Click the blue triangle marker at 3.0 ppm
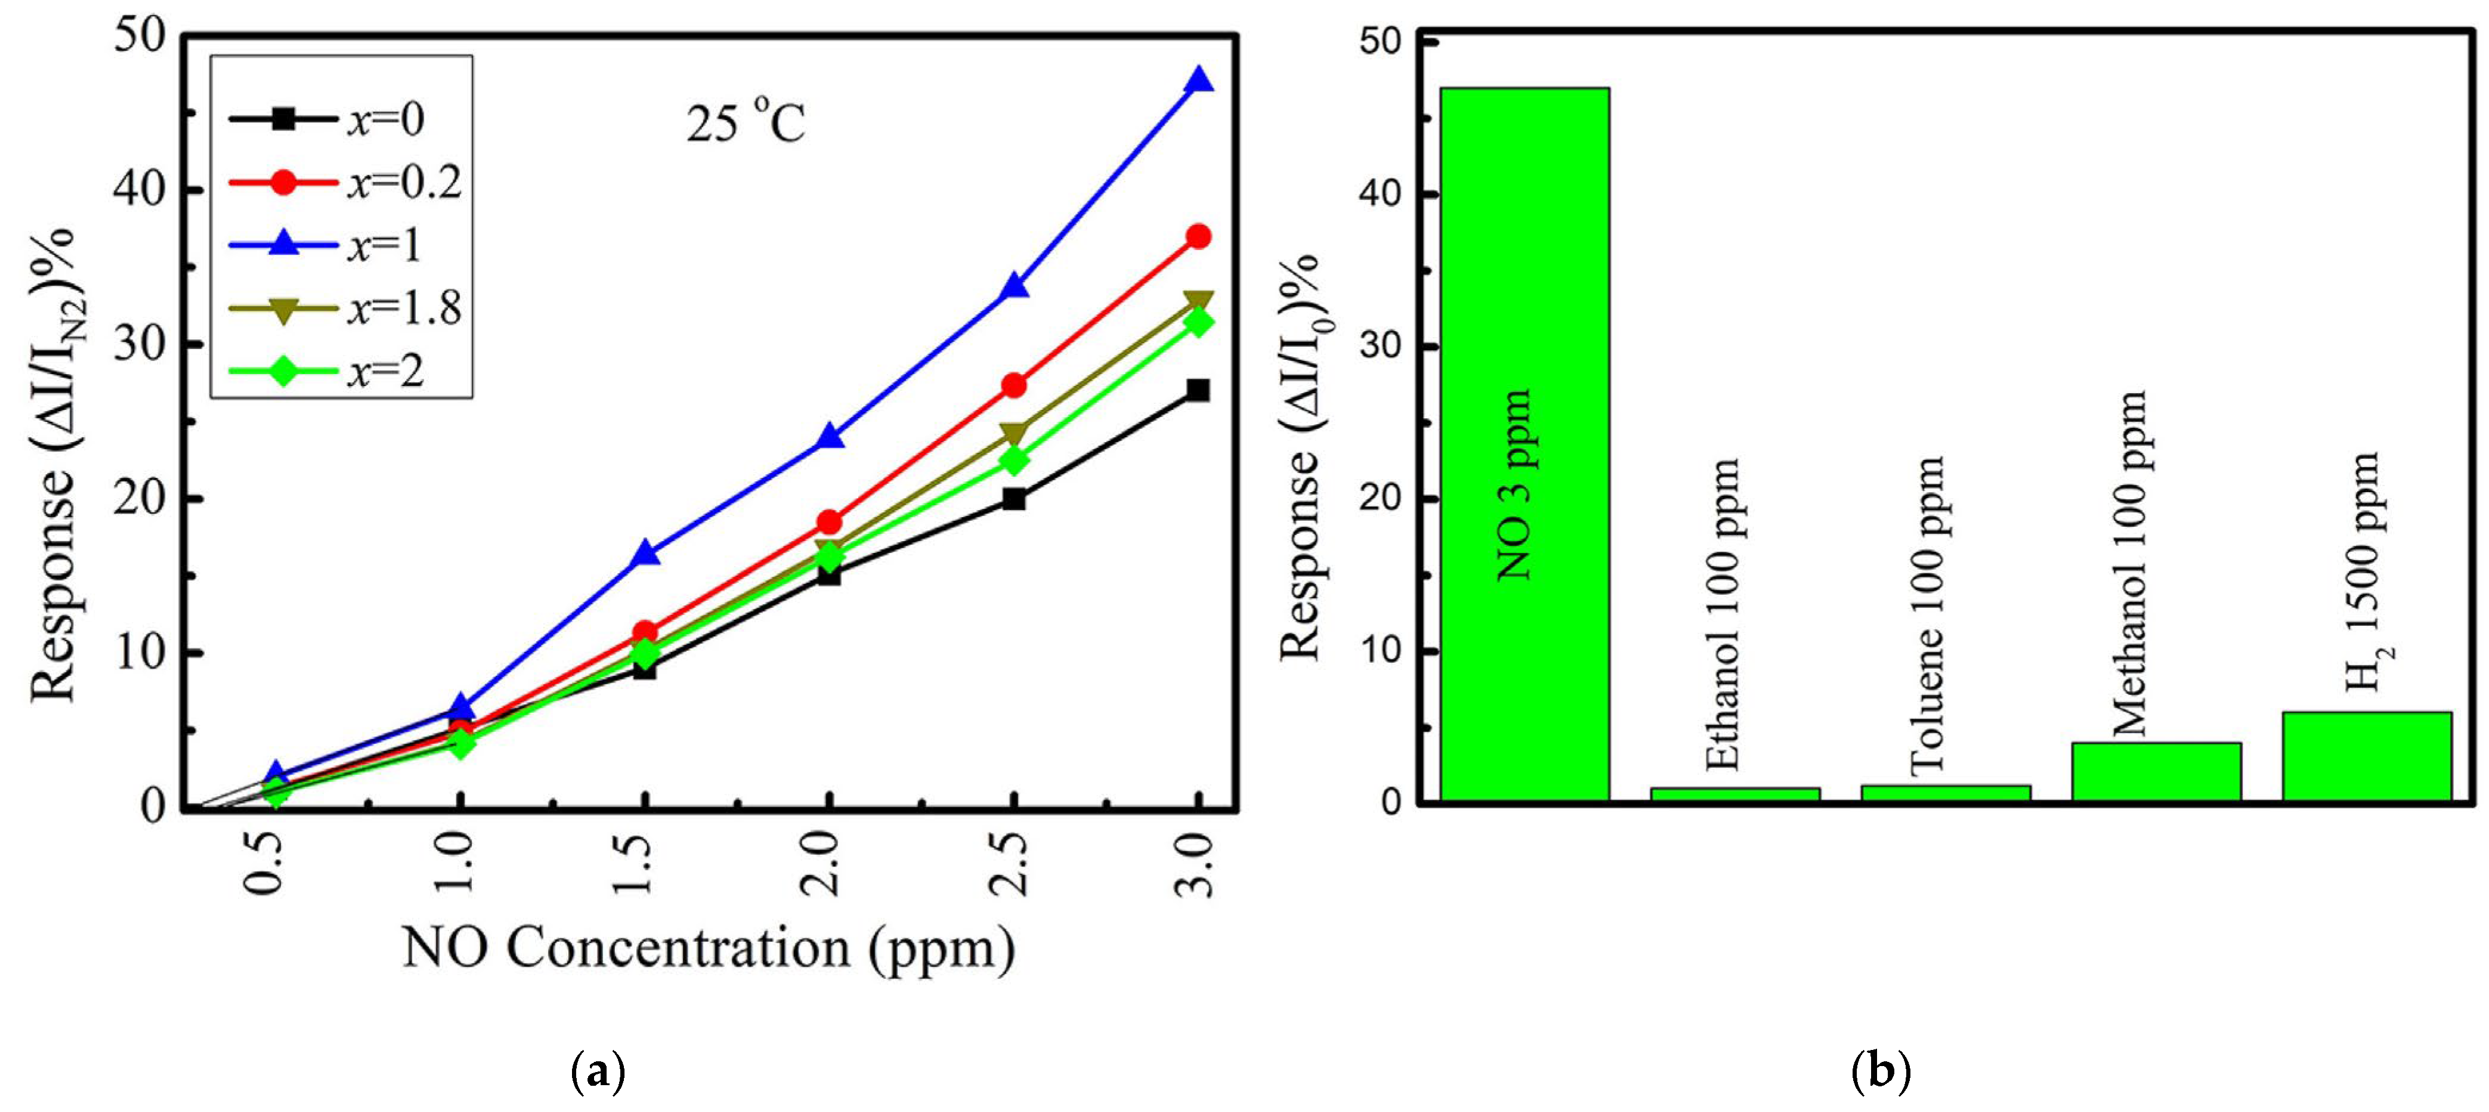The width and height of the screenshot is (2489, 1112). click(x=1198, y=80)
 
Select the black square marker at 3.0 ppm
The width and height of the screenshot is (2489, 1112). click(x=1198, y=390)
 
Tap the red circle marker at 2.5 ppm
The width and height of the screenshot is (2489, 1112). click(x=1013, y=385)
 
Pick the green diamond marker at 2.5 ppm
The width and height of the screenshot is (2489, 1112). click(x=1013, y=461)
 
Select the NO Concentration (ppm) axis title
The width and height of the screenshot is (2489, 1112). click(x=708, y=948)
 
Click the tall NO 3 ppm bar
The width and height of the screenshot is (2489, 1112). click(x=1525, y=444)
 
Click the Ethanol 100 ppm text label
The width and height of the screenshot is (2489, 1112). click(x=1723, y=614)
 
